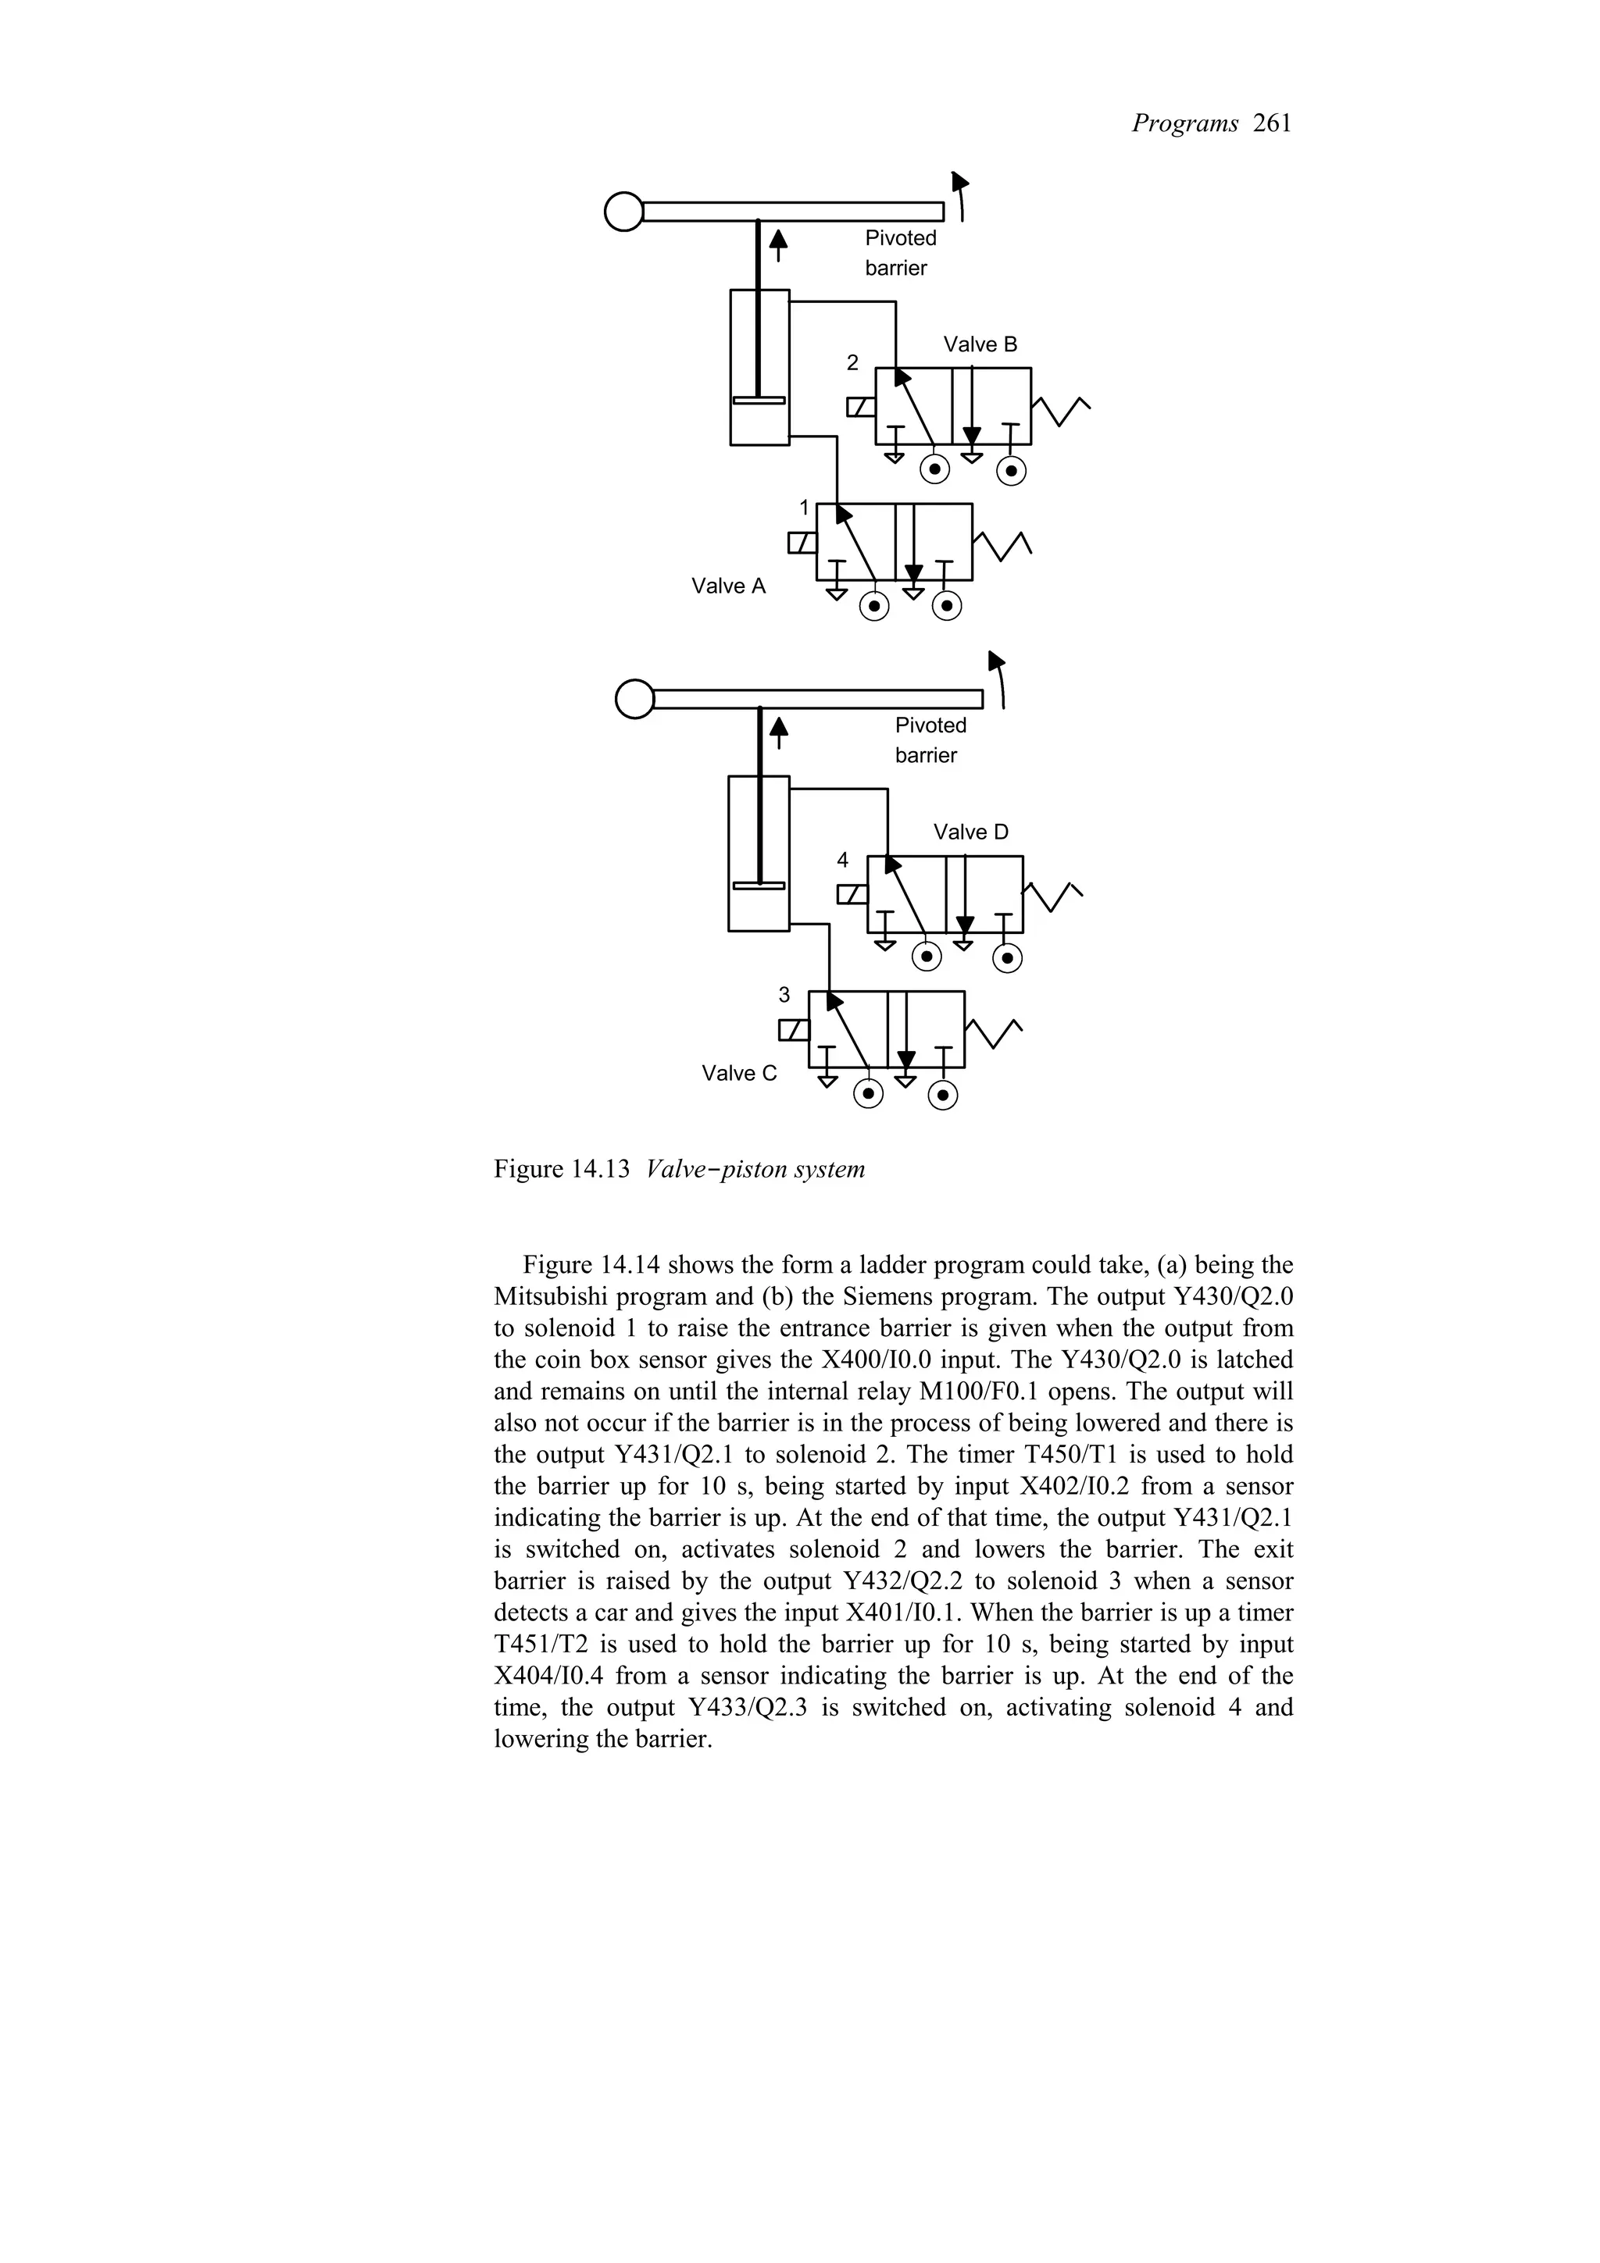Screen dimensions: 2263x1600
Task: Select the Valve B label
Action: [x=979, y=345]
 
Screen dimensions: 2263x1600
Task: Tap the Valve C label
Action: [x=738, y=1074]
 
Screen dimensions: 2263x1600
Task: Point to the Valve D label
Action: [x=970, y=832]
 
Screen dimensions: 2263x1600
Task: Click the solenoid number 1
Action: [x=803, y=508]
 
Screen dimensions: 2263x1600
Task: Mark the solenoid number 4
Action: [x=842, y=861]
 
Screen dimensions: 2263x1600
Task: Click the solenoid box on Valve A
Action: [x=802, y=543]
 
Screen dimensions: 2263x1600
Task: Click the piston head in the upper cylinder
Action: [x=759, y=400]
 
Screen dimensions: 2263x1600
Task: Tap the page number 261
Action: [x=1272, y=124]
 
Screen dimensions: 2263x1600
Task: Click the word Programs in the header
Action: [x=1184, y=124]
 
